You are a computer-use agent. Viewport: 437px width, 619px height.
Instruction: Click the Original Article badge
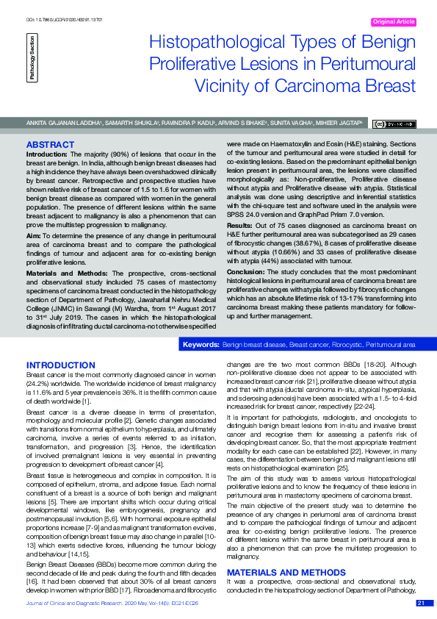tap(394, 22)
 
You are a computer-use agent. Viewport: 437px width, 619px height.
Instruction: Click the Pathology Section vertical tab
tap(32, 58)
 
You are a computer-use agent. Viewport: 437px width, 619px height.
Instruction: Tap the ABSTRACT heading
tap(50, 145)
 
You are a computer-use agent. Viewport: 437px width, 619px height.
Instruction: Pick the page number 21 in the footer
tap(421, 604)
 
